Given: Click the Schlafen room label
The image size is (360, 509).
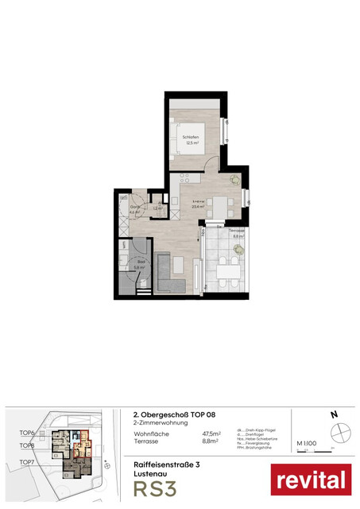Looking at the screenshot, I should pos(190,137).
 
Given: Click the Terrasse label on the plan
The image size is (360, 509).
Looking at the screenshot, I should pos(237,231).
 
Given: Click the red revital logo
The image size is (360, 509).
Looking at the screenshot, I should pos(311,479).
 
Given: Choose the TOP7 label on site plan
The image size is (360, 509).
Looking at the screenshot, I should pos(27,461).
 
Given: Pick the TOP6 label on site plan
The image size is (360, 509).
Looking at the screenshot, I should pos(27,433).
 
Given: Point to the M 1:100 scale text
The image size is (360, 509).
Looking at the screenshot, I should pos(307,443).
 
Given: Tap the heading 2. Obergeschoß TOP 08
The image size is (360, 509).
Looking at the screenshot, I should pos(173,414).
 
